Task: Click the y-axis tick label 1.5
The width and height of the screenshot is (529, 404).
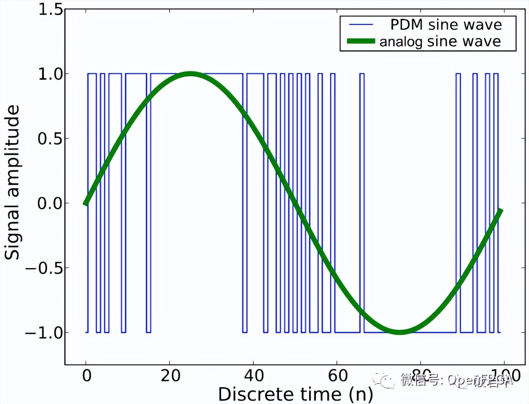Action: point(50,9)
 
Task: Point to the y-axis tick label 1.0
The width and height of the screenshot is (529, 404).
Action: point(50,74)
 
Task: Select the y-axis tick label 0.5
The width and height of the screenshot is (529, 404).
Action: point(50,139)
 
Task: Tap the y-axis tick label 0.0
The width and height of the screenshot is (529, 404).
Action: point(50,203)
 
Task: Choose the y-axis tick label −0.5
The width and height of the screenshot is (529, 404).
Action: point(44,268)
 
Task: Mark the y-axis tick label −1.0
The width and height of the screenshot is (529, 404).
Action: point(44,333)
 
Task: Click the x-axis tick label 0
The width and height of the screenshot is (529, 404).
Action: point(87,375)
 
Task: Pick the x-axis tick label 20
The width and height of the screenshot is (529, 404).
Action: point(170,375)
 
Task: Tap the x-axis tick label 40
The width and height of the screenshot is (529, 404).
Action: point(254,375)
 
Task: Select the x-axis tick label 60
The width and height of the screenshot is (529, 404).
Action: point(338,375)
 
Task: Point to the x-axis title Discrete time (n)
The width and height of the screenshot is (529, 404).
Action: point(295,394)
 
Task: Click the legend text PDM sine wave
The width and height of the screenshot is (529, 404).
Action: point(446,25)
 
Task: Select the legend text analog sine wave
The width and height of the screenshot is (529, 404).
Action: point(440,41)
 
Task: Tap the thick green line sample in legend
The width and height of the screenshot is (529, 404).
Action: point(361,41)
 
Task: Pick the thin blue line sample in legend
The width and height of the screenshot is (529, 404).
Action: point(361,25)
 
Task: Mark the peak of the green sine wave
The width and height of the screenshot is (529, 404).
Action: point(190,74)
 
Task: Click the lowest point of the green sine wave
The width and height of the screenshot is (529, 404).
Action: point(400,332)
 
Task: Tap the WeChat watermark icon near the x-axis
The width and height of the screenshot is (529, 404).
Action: point(384,381)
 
